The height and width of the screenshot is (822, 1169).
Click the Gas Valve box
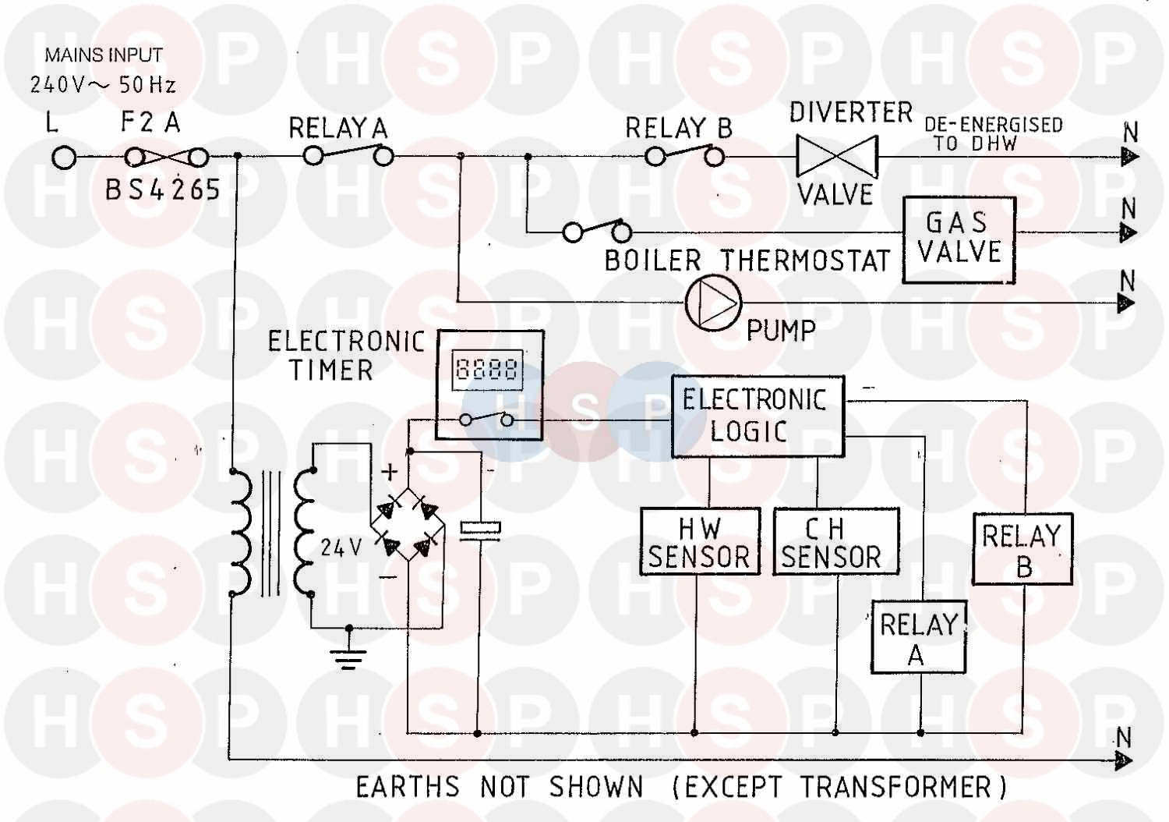pos(959,239)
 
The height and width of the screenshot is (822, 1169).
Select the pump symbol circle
pos(713,303)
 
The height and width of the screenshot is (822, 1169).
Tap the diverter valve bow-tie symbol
pos(836,156)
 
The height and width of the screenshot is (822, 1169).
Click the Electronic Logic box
pos(757,416)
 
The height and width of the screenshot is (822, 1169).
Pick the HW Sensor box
pos(699,542)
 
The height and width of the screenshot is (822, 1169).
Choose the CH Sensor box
pos(835,542)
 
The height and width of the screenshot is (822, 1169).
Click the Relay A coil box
pos(918,636)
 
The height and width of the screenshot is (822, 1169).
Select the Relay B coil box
pos(1022,549)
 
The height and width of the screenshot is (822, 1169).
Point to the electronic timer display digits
pos(487,367)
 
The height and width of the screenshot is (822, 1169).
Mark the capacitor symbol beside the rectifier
pos(479,529)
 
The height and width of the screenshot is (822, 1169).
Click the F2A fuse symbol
pos(167,158)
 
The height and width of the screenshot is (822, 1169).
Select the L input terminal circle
pos(64,158)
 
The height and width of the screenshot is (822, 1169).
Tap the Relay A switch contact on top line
pos(348,154)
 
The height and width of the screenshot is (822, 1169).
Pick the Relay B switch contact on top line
pos(684,156)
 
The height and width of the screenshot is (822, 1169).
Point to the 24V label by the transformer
pos(341,547)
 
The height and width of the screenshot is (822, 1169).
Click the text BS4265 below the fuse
pos(163,190)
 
